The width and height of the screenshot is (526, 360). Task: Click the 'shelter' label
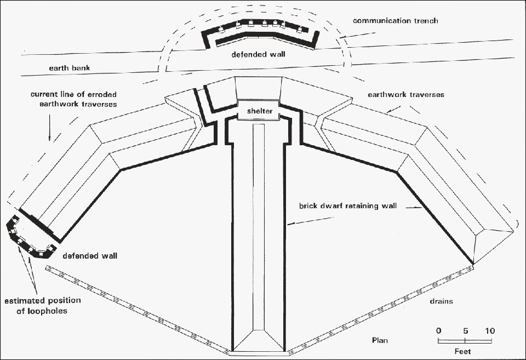tap(259, 111)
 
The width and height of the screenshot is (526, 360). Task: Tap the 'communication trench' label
tap(396, 21)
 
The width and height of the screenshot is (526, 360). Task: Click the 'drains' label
tap(441, 301)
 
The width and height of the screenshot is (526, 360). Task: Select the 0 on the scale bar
tap(438, 331)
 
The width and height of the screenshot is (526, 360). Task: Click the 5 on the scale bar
tap(465, 331)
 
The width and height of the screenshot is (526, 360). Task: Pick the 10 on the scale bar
tap(489, 331)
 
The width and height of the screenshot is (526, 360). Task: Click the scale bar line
tap(465, 341)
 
